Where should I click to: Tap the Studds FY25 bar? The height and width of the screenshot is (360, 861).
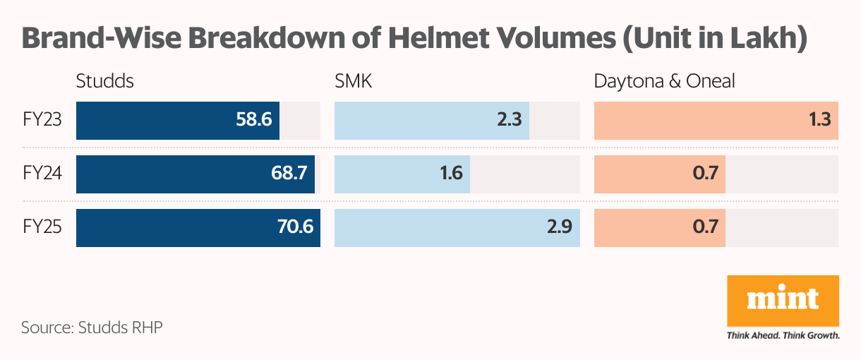pos(198,227)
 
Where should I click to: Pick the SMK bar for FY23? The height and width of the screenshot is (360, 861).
pos(431,120)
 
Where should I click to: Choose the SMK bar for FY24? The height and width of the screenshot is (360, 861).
pos(402,174)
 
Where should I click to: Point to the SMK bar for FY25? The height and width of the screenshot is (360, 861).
pos(457,227)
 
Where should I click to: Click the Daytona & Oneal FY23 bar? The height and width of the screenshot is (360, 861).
pos(716,120)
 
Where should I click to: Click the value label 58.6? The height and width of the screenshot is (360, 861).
pos(254,120)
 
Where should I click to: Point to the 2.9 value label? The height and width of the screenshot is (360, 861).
pos(556,227)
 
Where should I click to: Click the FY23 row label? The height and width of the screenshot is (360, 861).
pos(42,120)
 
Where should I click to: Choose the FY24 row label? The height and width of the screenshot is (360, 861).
pos(42,174)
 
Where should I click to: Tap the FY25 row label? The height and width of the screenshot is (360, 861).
pos(42,227)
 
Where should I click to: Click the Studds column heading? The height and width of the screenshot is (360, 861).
pos(104,81)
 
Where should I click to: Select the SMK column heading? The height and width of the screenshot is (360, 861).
pos(353,81)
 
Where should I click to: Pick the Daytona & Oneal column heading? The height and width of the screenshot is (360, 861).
pos(664,81)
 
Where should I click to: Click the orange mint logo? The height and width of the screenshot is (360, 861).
pos(783,300)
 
